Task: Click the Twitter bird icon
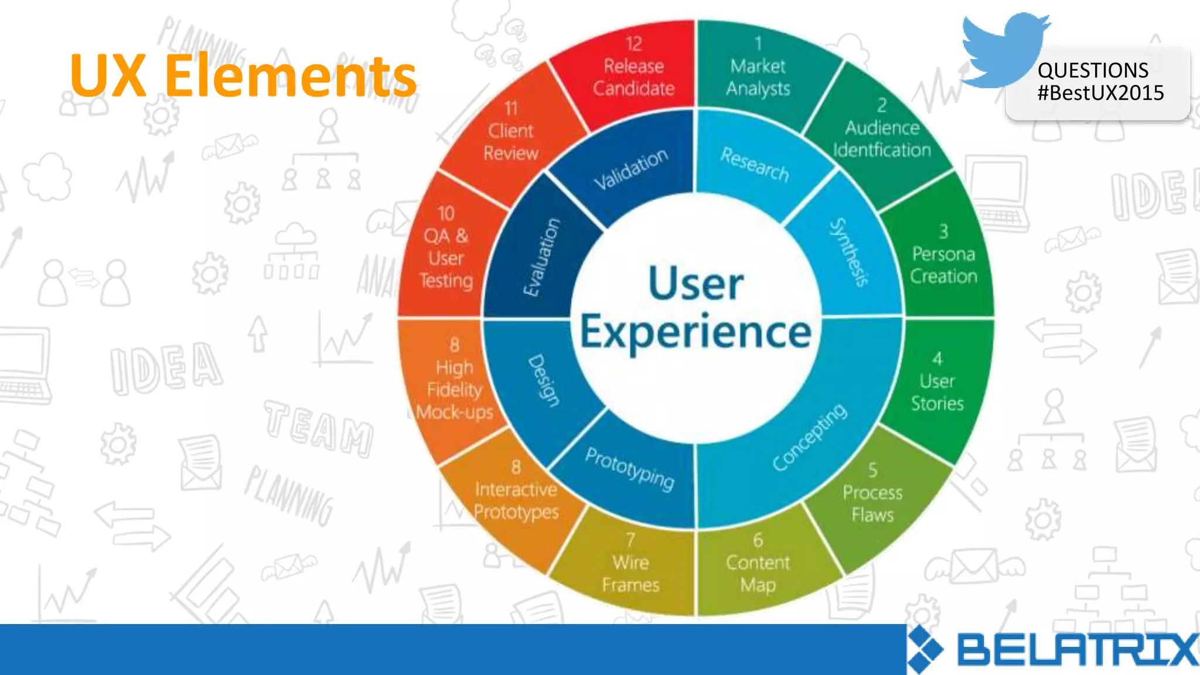point(1003,50)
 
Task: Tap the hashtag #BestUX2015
point(1100,93)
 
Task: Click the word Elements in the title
point(290,76)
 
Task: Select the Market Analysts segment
point(758,70)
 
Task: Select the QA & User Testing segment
point(446,252)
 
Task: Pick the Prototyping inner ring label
point(630,469)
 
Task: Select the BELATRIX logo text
point(1077,650)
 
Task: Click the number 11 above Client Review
point(511,108)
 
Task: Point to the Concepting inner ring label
point(809,437)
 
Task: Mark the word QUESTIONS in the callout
point(1092,71)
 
